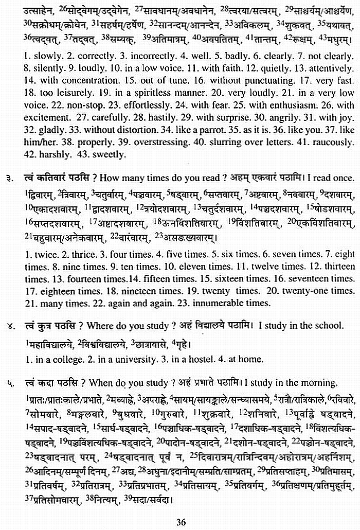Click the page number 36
click(180, 522)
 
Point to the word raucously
click(328, 142)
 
